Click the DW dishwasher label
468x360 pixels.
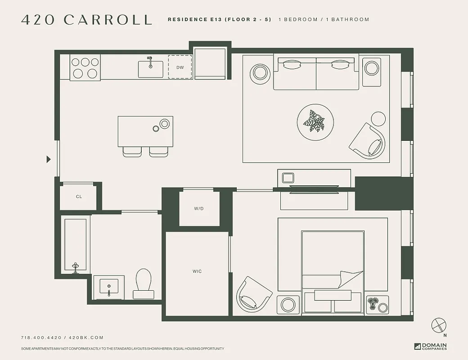pos(180,67)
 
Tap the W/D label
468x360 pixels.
pos(199,209)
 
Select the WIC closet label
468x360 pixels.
pos(197,271)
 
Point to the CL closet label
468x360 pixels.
pos(79,197)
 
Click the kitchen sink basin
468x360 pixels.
pos(150,69)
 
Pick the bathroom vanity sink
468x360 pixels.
pos(108,286)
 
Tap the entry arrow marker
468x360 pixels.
pos(49,159)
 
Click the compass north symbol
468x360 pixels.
pos(439,325)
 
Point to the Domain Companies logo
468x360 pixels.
pos(431,346)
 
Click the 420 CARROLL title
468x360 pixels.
pos(86,20)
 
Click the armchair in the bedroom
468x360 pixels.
pos(254,294)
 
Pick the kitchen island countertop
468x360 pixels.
pos(145,131)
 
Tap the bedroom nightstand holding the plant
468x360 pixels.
pos(378,304)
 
